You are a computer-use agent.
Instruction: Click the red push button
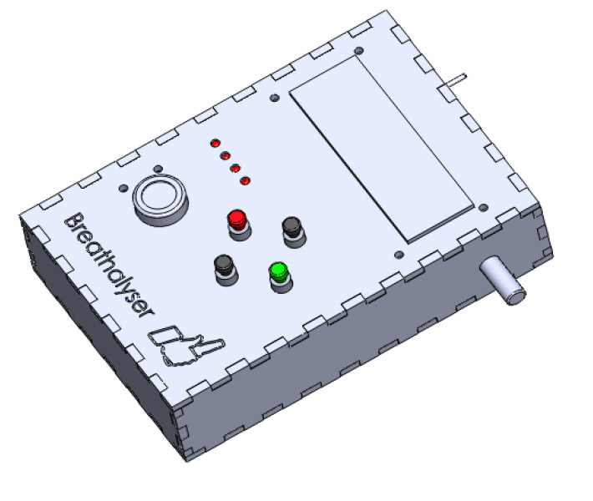[x=239, y=224]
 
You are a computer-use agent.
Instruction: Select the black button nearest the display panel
[x=293, y=231]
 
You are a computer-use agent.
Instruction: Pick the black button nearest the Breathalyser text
[x=226, y=269]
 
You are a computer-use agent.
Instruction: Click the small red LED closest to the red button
[x=246, y=180]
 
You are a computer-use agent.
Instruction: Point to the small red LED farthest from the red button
[x=215, y=144]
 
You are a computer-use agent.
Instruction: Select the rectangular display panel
[x=382, y=149]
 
